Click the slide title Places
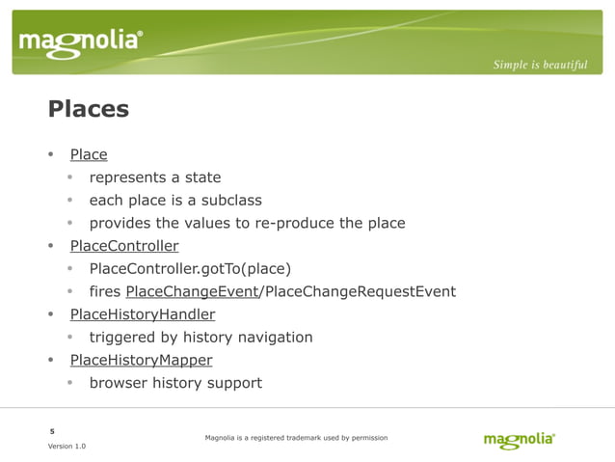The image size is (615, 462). [x=88, y=109]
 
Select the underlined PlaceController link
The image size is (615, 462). [x=124, y=246]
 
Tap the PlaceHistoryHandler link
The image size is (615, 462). [x=143, y=314]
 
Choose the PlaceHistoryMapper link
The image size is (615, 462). [x=141, y=361]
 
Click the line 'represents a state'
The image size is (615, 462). [x=155, y=177]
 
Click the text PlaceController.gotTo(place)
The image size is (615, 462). [x=190, y=269]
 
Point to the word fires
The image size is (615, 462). [x=105, y=292]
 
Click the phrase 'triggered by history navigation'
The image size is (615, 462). [x=201, y=338]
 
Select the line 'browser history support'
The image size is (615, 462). [x=175, y=384]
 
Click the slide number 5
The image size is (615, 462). [x=52, y=430]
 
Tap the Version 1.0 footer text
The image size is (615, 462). [x=67, y=447]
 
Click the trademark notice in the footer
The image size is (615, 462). [x=296, y=438]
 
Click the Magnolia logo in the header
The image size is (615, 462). [x=81, y=42]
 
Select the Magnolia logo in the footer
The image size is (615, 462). [x=519, y=440]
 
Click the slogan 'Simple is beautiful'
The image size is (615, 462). [x=540, y=65]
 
